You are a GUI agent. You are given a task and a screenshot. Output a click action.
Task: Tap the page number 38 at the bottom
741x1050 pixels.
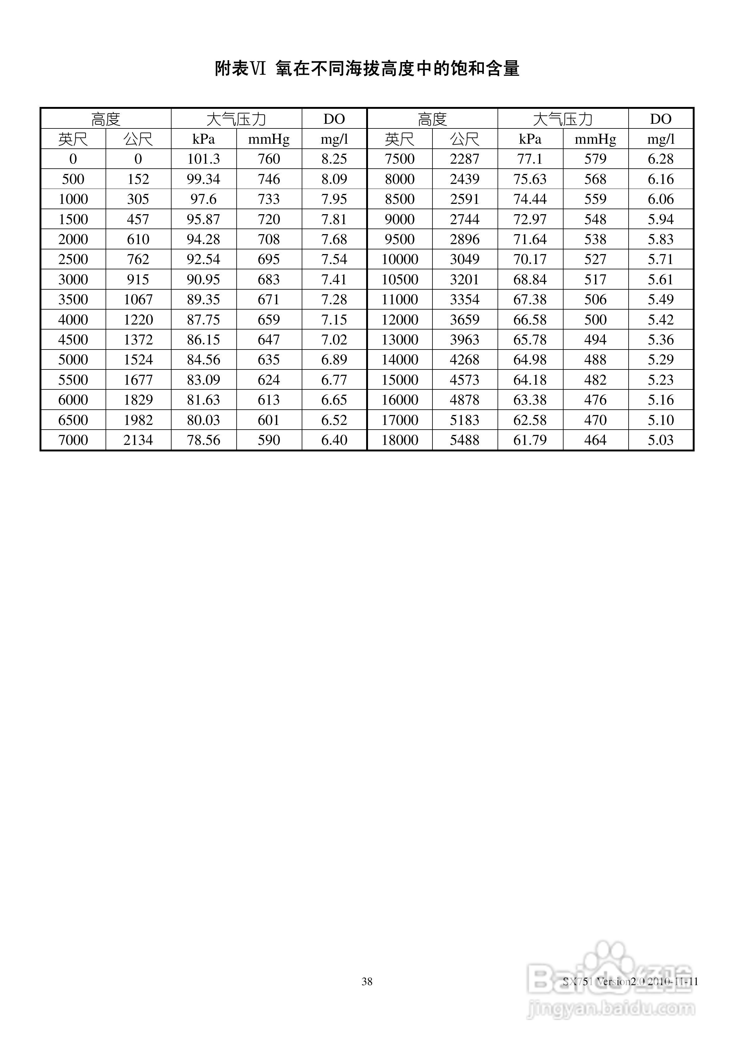(x=367, y=981)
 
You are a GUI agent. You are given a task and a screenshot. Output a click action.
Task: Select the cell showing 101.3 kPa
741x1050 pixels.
(x=203, y=159)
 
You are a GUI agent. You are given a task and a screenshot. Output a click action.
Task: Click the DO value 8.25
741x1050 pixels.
(x=334, y=159)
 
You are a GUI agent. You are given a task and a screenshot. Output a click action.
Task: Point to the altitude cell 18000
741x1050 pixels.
(x=400, y=440)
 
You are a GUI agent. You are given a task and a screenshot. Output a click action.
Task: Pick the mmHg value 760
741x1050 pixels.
(x=269, y=159)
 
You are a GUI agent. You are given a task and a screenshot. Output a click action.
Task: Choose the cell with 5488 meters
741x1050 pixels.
(x=465, y=440)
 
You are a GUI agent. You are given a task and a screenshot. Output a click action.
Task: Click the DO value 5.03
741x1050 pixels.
(x=661, y=440)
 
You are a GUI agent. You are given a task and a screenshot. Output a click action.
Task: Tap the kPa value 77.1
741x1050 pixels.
(x=530, y=159)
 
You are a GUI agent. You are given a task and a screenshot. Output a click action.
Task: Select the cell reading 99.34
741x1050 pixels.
(x=203, y=179)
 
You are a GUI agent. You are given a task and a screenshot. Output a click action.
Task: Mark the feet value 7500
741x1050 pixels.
(x=400, y=159)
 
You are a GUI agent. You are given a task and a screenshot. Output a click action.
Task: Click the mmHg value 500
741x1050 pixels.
(x=595, y=319)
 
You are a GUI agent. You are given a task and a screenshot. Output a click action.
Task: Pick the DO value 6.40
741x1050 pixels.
(x=334, y=440)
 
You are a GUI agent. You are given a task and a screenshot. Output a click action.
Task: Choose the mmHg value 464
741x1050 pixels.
(x=595, y=440)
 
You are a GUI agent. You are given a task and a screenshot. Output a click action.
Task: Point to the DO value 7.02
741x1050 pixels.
(x=334, y=339)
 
